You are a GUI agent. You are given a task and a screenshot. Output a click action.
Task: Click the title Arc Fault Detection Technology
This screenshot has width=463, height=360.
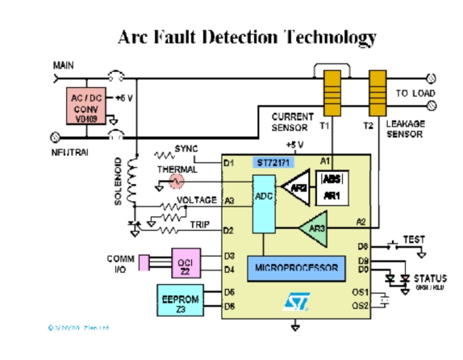point(247,37)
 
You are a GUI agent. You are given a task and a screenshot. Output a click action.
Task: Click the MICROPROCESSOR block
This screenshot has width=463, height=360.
point(297,266)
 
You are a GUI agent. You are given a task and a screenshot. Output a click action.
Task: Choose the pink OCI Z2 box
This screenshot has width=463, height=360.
point(184,262)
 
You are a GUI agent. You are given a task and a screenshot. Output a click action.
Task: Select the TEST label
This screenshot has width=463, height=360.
point(413,240)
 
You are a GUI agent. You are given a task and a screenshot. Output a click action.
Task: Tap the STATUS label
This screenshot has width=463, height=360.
point(430,278)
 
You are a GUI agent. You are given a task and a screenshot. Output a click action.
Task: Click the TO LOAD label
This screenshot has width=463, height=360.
point(414,94)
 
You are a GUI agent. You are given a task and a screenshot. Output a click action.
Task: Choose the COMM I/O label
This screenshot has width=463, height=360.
point(121,264)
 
